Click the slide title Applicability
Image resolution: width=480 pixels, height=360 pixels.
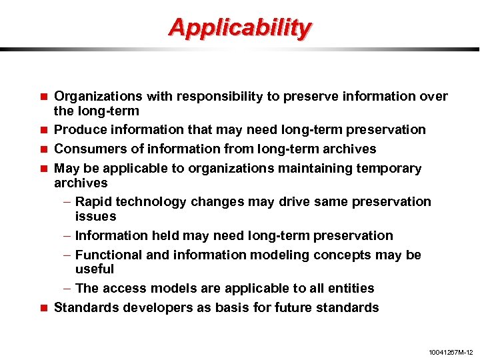pyautogui.click(x=239, y=28)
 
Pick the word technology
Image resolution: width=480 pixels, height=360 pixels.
pyautogui.click(x=151, y=201)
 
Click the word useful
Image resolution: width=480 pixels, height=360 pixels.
pyautogui.click(x=95, y=269)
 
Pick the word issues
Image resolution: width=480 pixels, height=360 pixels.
pyautogui.click(x=95, y=216)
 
